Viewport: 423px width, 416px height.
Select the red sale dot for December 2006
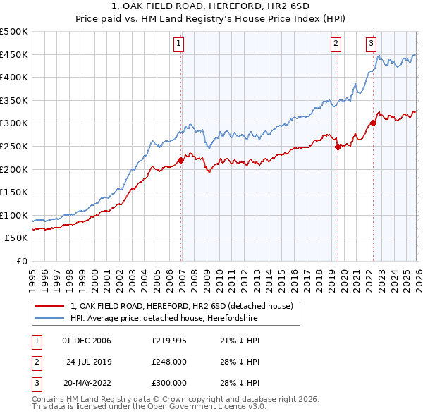(180, 160)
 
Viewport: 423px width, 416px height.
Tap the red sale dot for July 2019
(338, 147)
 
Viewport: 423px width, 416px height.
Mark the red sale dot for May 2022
(373, 123)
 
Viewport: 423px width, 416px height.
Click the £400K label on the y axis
(14, 78)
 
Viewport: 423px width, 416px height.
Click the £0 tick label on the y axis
(23, 261)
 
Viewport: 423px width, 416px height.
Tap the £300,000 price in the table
(169, 383)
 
